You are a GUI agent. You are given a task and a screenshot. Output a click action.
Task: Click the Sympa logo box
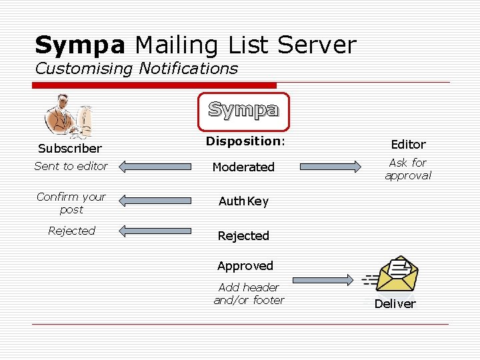point(243,111)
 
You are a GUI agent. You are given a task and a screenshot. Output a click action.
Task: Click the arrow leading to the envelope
point(323,280)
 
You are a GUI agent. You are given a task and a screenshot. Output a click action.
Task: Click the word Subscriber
point(70,148)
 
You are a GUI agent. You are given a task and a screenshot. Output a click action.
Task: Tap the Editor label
point(408,144)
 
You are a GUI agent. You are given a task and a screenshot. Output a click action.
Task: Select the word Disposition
point(244,141)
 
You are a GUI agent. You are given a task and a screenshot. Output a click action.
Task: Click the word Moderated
point(243,167)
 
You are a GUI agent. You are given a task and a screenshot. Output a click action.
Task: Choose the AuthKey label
point(243,201)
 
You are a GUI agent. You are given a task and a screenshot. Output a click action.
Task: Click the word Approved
point(245,265)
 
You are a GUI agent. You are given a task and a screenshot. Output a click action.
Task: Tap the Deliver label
point(395,303)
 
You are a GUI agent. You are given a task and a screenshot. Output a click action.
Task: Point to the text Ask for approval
point(408,169)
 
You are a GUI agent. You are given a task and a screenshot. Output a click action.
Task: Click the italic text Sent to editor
point(71,166)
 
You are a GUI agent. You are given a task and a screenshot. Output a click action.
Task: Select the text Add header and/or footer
point(249,293)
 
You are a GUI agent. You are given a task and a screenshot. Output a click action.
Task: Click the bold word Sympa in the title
point(80,45)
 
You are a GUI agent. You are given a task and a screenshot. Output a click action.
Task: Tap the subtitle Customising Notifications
point(136,68)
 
